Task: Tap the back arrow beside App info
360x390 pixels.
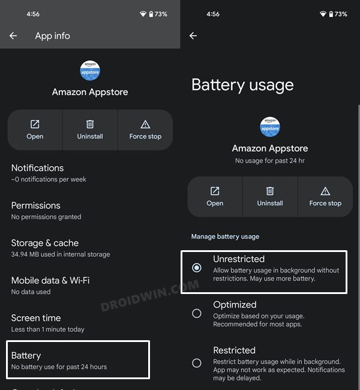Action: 13,36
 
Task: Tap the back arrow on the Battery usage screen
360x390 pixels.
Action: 193,36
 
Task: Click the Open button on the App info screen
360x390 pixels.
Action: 35,130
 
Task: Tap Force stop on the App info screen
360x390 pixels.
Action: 145,130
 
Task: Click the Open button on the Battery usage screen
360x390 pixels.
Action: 215,196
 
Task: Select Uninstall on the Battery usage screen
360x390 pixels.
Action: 270,196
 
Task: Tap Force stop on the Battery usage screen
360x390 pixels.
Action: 325,196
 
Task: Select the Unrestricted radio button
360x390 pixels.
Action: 197,268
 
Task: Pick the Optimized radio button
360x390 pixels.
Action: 197,313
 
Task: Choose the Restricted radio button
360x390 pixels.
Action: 197,362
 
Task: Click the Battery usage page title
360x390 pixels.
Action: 242,85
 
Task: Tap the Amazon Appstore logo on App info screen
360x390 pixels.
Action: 90,71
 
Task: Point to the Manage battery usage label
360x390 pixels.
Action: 225,236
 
